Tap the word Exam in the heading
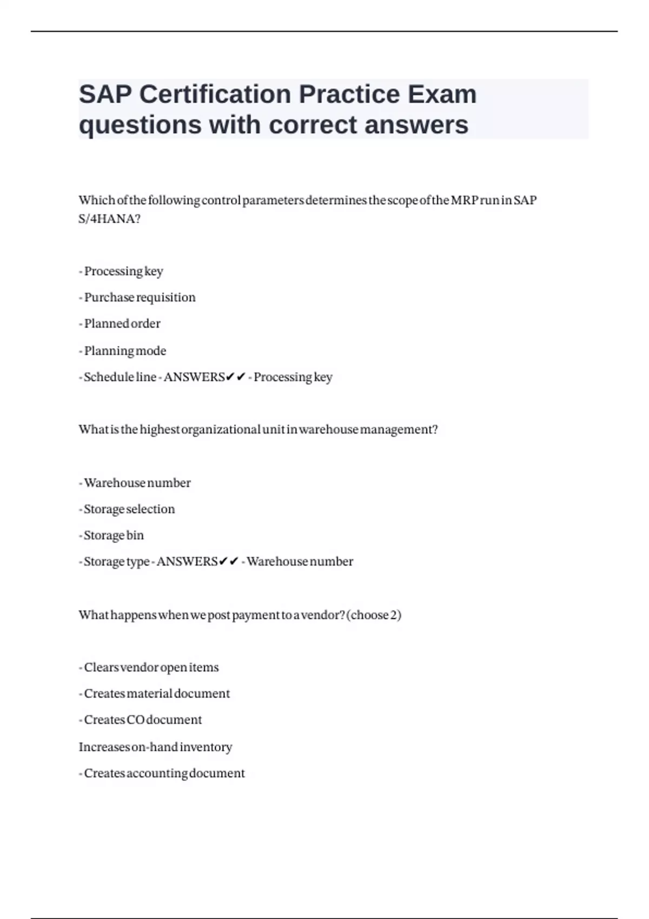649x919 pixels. (x=442, y=95)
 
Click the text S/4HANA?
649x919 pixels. (x=109, y=219)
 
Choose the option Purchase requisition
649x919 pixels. (x=140, y=297)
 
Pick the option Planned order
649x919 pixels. (x=122, y=324)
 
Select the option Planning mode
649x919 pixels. (x=125, y=351)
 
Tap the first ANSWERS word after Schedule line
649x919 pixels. (x=194, y=377)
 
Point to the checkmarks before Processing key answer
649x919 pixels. (x=236, y=377)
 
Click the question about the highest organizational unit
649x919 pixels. (x=258, y=430)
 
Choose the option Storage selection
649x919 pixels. (x=129, y=509)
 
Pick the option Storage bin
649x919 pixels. (x=114, y=536)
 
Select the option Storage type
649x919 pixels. (x=116, y=562)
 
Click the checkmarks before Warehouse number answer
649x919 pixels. (x=229, y=562)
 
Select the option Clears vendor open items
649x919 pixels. (x=151, y=668)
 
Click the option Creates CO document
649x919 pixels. (x=143, y=720)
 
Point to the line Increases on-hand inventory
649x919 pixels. (x=155, y=747)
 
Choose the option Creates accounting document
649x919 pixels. (x=164, y=774)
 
